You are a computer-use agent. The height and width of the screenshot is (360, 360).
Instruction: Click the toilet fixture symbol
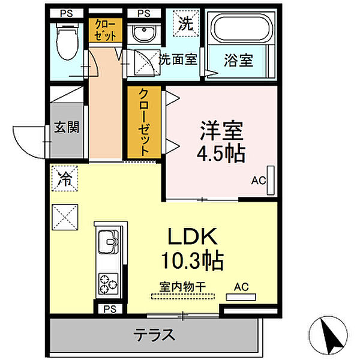63,39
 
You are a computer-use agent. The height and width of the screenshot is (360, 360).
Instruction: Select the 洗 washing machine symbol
185,25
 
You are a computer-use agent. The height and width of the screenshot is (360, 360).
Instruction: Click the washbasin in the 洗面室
143,32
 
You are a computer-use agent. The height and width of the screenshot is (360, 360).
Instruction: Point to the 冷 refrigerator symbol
64,178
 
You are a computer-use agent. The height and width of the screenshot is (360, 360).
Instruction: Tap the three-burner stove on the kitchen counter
109,283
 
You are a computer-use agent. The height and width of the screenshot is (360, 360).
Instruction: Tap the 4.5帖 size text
221,154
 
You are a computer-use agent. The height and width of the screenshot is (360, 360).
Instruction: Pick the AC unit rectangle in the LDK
241,296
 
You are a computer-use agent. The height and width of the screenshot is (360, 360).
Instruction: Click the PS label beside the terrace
109,310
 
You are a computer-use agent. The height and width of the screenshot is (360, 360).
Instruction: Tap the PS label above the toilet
64,13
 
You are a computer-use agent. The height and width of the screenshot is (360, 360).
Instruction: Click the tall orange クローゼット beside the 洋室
145,122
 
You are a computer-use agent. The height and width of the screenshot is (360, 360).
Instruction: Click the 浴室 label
238,60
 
